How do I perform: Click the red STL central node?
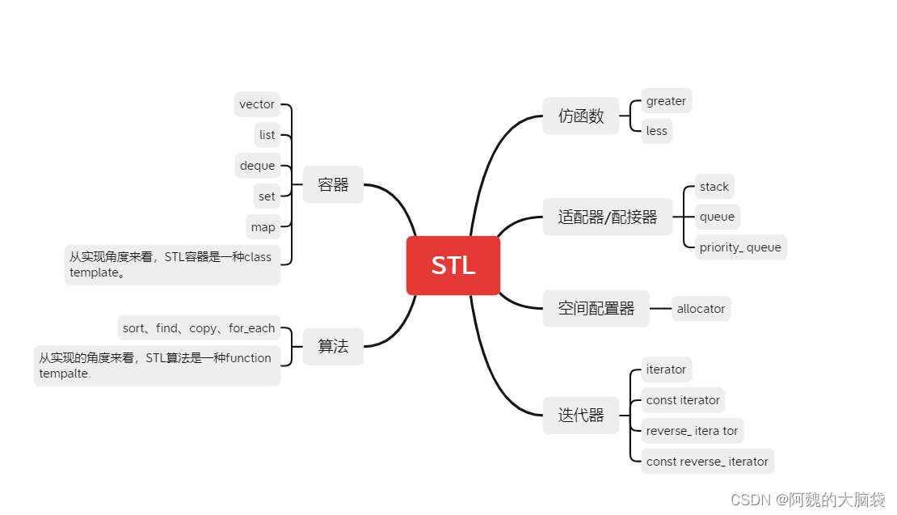(x=453, y=265)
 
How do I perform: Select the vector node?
(x=257, y=104)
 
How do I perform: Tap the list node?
(x=267, y=135)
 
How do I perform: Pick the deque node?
(x=257, y=166)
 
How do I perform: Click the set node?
(x=267, y=196)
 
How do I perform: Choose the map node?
(x=263, y=227)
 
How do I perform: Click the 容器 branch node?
(x=333, y=185)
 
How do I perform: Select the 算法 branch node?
(x=333, y=346)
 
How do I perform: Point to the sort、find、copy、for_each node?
(x=199, y=328)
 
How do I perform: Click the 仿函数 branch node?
(x=581, y=116)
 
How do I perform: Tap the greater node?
(x=666, y=101)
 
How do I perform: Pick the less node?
(x=656, y=131)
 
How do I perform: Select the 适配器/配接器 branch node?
(x=608, y=217)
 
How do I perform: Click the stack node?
(x=714, y=187)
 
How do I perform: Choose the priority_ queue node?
(x=740, y=247)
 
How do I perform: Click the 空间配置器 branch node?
(x=596, y=308)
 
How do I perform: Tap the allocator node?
(x=701, y=309)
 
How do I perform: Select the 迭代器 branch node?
(x=581, y=416)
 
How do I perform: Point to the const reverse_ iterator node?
(x=707, y=462)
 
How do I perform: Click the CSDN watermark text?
(x=808, y=500)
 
